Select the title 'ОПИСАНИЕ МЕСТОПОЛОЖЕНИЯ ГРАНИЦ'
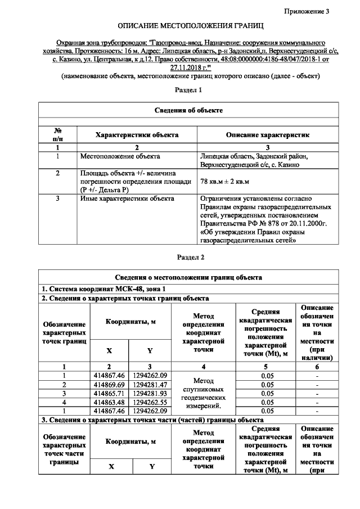point(190,26)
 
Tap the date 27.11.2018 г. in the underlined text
point(190,66)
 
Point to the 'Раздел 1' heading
point(190,90)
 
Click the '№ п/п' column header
point(57,135)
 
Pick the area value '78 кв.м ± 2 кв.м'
point(224,182)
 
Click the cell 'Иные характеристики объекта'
point(127,199)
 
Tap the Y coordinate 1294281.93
point(150,394)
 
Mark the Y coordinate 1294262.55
point(150,403)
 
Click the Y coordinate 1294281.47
point(150,385)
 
